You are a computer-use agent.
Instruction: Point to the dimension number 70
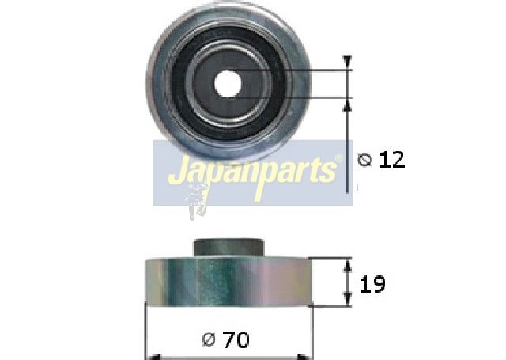(x=236, y=340)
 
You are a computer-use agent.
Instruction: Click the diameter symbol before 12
(x=364, y=161)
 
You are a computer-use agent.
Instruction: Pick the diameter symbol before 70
(x=210, y=341)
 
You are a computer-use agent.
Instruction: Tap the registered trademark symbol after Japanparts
(x=339, y=160)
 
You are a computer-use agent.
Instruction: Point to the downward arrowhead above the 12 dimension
(x=346, y=63)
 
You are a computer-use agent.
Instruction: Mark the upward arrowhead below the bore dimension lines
(x=346, y=104)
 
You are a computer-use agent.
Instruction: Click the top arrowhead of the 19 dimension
(x=346, y=263)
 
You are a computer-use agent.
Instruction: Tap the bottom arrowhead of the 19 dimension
(x=346, y=300)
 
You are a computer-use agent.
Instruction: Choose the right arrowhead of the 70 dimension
(x=309, y=354)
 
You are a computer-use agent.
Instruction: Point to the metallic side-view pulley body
(x=229, y=282)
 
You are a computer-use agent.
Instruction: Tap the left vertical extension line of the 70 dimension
(x=145, y=332)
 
